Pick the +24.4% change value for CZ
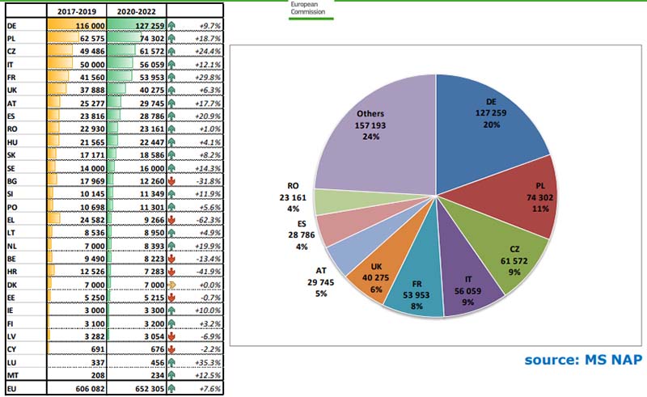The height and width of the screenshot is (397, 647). [x=187, y=53]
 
